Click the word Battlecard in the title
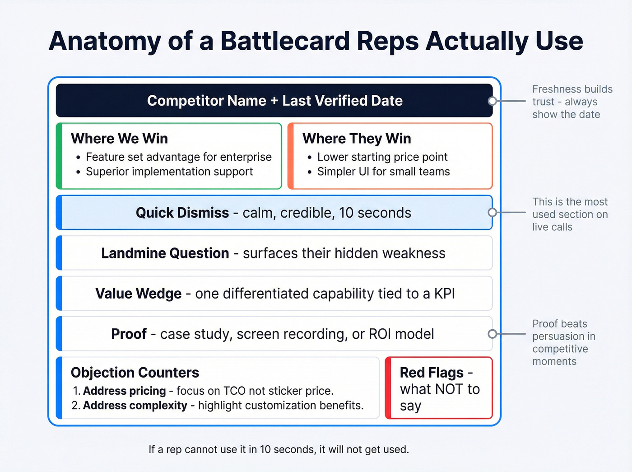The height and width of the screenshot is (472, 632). [285, 41]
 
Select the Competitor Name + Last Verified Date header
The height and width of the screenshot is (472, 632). [274, 101]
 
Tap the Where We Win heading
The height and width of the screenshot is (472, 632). [119, 138]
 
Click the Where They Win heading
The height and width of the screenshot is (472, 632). [357, 138]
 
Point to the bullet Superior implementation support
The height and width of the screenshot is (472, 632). [169, 172]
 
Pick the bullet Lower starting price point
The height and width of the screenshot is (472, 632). [382, 157]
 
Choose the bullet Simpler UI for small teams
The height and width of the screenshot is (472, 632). [383, 172]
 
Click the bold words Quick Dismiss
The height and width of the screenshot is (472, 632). [182, 213]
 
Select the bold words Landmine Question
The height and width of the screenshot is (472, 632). [165, 253]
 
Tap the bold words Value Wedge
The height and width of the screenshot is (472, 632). [138, 294]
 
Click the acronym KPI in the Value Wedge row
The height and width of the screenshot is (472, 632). [444, 294]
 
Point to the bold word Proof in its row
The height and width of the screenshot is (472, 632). [129, 334]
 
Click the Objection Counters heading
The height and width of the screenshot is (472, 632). [135, 373]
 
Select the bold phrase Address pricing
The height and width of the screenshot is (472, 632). [125, 391]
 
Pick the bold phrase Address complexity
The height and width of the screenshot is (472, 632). [135, 406]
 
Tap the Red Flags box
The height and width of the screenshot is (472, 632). [439, 388]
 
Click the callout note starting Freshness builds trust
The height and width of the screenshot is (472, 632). [572, 102]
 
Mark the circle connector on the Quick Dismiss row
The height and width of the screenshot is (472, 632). [493, 213]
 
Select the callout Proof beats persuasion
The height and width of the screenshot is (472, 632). [563, 342]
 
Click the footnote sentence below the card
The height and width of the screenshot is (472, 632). [279, 449]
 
